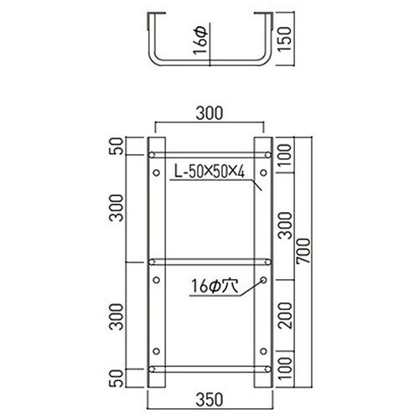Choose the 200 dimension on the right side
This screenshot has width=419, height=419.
(285, 313)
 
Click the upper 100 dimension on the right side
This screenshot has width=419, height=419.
(285, 155)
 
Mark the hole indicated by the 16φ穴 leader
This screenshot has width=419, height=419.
(263, 279)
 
